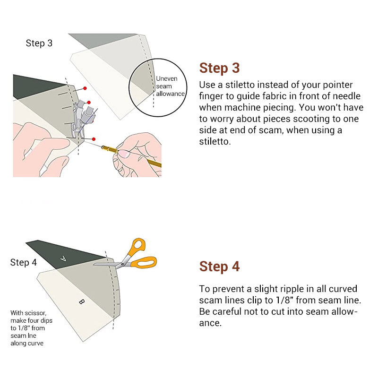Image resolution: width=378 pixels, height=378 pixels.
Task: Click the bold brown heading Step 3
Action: point(219,68)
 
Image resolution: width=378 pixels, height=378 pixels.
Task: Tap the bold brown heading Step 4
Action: point(219,266)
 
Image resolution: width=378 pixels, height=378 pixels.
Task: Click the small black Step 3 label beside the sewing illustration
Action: point(39,43)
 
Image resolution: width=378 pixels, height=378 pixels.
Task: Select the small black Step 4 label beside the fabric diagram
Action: point(23,263)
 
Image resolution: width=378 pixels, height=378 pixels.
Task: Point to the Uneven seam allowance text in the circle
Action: point(170,86)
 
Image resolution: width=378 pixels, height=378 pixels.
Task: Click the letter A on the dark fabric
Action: point(64,258)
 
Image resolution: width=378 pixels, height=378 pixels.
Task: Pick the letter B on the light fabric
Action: point(81,301)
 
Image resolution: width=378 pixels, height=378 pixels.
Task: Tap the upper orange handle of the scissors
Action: point(138,246)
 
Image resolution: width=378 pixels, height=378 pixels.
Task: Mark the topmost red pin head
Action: point(85,88)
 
